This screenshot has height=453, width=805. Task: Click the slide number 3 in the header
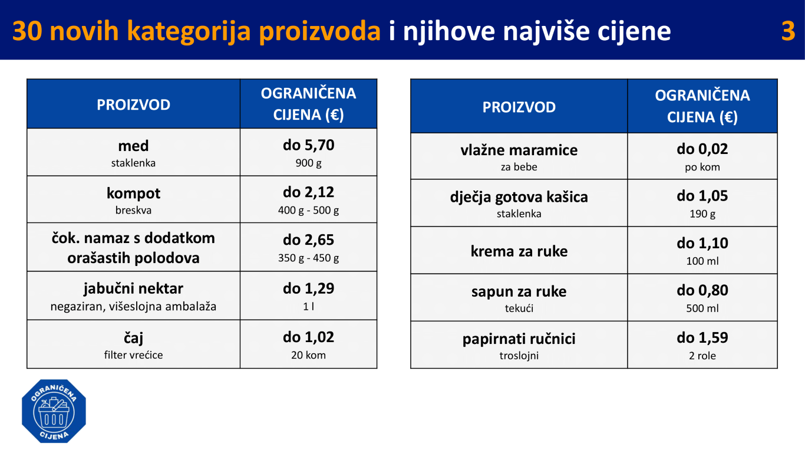[788, 31]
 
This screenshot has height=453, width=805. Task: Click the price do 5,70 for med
[308, 145]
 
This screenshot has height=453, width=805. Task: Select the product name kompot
[133, 193]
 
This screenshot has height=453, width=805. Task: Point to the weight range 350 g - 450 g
[308, 258]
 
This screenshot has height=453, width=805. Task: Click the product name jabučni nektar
[133, 288]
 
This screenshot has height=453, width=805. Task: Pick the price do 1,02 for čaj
[308, 337]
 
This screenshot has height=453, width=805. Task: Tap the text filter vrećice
[133, 355]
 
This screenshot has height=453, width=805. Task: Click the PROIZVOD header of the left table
[133, 105]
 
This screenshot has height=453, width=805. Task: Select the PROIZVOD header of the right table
[519, 107]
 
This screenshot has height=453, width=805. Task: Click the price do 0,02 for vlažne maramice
[702, 149]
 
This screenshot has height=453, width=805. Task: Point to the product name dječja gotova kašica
[519, 197]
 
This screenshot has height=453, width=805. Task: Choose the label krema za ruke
[519, 251]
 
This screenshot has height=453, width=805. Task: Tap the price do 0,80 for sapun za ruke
[702, 290]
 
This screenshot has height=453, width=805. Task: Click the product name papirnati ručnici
[519, 339]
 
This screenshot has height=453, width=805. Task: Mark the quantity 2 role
[702, 356]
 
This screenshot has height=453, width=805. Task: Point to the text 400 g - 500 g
[308, 210]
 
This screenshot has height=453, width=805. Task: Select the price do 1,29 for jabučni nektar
[308, 288]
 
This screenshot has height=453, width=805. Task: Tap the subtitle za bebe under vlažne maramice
[519, 167]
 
